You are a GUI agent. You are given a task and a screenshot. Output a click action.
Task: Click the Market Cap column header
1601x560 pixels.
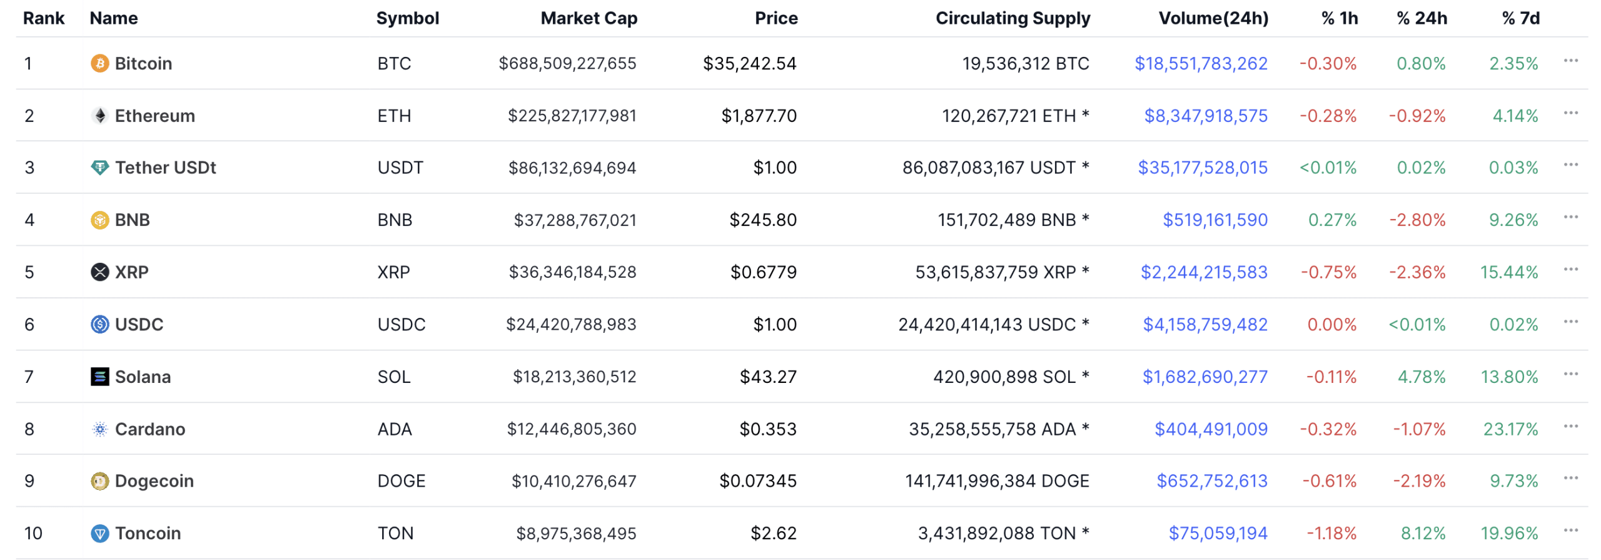(588, 18)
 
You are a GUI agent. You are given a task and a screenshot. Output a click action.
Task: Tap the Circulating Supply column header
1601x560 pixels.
(1012, 18)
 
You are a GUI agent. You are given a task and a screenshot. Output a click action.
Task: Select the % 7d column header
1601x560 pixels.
(1520, 18)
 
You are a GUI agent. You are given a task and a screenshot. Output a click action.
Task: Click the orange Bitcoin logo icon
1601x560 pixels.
(99, 63)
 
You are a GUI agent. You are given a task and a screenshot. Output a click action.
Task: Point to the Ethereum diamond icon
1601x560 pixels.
(99, 116)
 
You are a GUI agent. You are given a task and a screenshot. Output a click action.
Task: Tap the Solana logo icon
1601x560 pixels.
(99, 377)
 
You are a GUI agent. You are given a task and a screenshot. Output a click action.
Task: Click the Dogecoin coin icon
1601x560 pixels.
(99, 481)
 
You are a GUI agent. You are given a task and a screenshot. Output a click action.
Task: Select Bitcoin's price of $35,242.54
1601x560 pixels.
(749, 63)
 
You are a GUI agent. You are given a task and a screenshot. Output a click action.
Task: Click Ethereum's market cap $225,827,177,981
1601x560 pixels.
(572, 116)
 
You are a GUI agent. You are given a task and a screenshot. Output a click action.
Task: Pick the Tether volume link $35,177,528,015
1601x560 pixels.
(1202, 168)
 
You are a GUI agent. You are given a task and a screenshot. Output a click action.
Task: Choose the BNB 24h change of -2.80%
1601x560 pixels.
(1417, 220)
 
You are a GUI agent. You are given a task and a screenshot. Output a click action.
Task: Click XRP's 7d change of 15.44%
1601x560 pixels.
(1508, 272)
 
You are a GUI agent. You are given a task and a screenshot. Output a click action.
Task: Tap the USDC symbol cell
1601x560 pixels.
(401, 325)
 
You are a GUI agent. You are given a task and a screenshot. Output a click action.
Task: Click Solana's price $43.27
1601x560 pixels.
(768, 377)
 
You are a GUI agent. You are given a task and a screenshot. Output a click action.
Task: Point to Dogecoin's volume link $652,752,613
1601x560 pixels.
(1211, 481)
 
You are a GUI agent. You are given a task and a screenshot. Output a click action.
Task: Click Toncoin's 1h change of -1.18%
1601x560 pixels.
(1331, 534)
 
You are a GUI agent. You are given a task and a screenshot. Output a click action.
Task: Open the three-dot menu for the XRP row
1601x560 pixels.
(1570, 270)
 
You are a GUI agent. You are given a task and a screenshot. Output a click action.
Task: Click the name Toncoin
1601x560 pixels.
(148, 534)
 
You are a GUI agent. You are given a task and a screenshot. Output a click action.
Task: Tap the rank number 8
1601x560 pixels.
(29, 429)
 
